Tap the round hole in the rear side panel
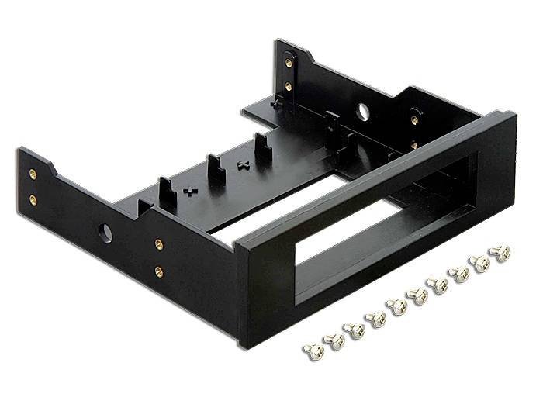click(x=362, y=112)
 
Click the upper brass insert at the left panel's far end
click(x=33, y=174)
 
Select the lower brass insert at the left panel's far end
click(x=33, y=199)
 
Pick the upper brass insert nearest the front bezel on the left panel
click(x=158, y=245)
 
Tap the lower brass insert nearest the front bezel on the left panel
click(x=158, y=271)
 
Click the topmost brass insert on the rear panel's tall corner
click(x=289, y=64)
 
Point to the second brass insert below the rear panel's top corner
click(x=289, y=87)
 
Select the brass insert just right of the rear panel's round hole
click(x=413, y=120)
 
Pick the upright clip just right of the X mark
click(x=262, y=147)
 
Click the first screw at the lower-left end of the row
click(x=313, y=351)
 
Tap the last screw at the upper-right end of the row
click(x=500, y=253)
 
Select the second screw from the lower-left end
click(x=335, y=340)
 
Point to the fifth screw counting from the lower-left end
click(x=397, y=306)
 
